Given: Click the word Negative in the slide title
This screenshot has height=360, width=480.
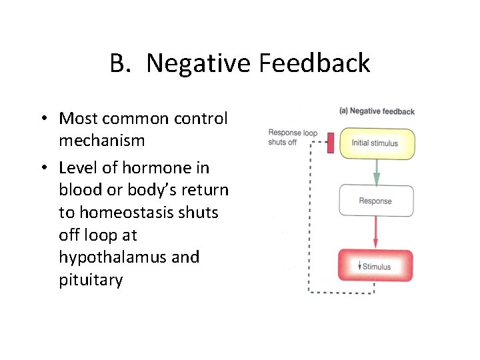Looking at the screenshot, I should point(198,64).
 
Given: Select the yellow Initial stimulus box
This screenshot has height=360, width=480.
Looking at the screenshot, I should point(377,143).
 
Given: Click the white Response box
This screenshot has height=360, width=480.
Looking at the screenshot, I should point(376,201).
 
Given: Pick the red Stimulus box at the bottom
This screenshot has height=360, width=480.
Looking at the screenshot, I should point(375,267).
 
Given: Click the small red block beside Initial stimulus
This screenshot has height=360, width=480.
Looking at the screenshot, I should point(330,143).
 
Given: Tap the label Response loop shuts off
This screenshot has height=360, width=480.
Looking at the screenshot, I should point(293,137).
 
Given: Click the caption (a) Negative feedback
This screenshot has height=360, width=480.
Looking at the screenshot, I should point(377,111).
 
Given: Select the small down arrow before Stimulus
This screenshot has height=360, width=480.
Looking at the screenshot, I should point(358,267).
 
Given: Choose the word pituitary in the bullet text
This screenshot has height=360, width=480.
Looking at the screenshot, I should point(91,280).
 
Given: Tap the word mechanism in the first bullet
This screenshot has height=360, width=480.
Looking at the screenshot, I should point(101,141).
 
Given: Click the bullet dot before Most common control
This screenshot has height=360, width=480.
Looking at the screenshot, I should point(42,119).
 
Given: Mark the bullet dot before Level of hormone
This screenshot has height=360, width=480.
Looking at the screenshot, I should point(42,167).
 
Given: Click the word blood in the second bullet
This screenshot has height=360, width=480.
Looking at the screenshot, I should point(78,189).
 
